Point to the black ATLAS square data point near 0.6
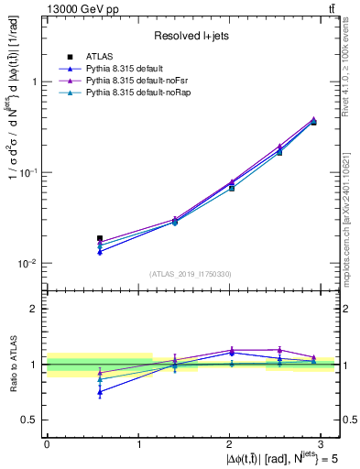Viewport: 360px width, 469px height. [x=100, y=238]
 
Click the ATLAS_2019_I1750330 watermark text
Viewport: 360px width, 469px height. [x=191, y=274]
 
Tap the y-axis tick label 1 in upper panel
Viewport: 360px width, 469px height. [x=34, y=82]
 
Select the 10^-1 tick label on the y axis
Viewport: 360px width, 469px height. [x=29, y=171]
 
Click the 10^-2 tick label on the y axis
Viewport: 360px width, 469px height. [x=29, y=263]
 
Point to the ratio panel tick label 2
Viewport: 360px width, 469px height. [x=34, y=309]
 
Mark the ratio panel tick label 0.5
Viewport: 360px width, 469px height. [x=30, y=420]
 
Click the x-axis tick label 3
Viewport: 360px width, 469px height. [x=323, y=442]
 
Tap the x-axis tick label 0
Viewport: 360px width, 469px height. [x=47, y=442]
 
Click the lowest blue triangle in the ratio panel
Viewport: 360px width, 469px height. [x=100, y=391]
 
